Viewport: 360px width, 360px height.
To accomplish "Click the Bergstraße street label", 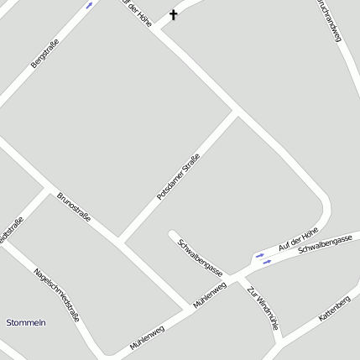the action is (x=44, y=52).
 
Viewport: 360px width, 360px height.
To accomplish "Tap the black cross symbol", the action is (x=174, y=14).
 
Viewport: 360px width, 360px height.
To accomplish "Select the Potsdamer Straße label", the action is (x=179, y=177).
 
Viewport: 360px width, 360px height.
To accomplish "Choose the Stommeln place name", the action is (x=26, y=323).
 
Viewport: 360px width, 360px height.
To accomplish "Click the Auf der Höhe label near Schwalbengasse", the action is (x=299, y=239).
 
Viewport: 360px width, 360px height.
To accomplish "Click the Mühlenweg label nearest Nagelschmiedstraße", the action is (x=147, y=337).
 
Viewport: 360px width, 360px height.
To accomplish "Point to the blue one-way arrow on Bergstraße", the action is (x=90, y=5).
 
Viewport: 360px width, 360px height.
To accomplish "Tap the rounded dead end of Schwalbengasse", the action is (x=172, y=234).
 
